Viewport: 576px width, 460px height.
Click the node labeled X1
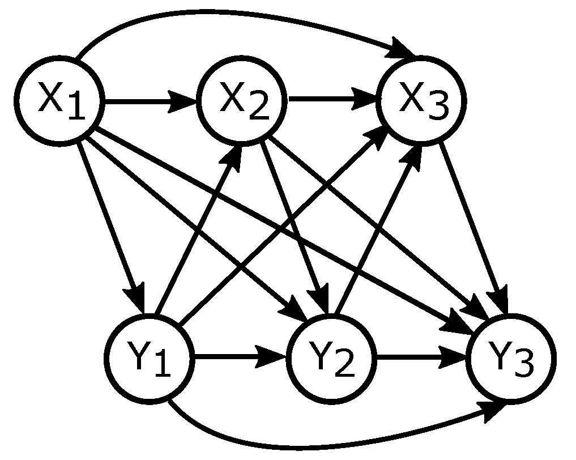click(59, 101)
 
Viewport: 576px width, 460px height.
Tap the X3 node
click(422, 100)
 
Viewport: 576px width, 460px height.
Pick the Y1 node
click(150, 358)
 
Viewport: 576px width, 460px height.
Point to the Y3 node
click(510, 358)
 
